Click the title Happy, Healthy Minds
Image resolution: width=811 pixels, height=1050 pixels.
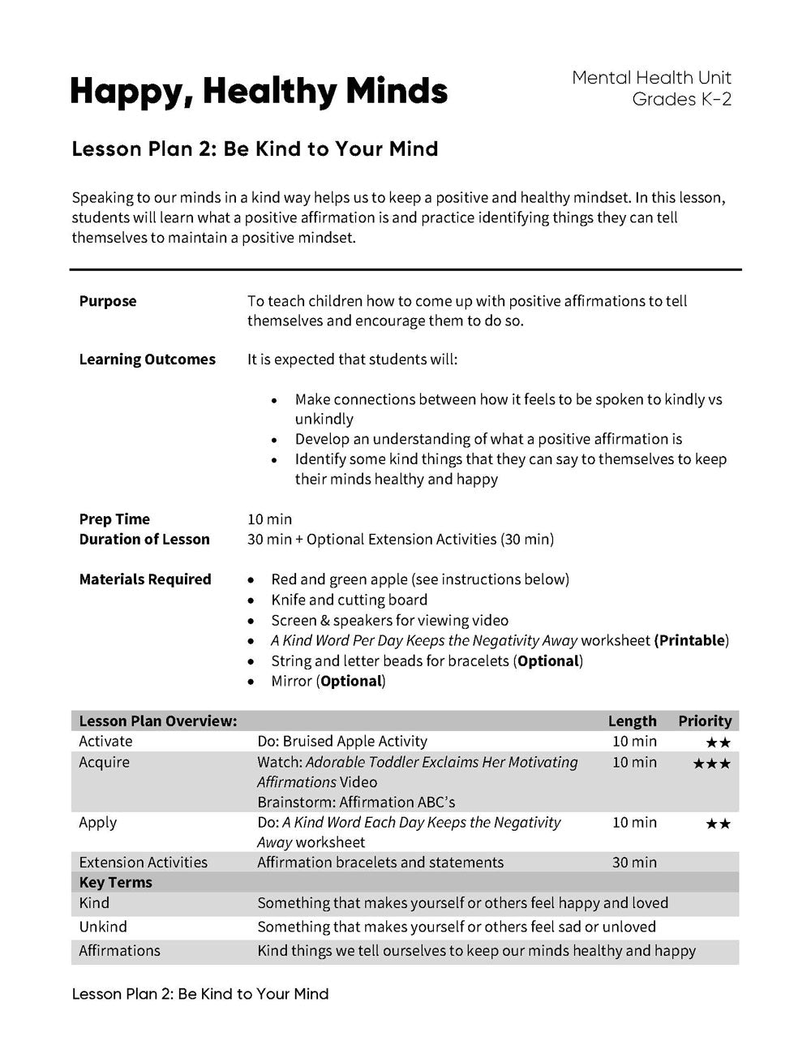pos(259,91)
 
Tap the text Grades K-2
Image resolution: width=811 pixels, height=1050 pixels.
pos(681,99)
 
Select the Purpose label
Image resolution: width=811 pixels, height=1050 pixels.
pos(108,301)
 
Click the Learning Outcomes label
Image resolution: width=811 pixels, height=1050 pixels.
pos(147,359)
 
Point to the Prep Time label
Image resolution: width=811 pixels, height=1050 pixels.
pos(114,519)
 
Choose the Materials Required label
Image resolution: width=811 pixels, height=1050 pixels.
pos(145,579)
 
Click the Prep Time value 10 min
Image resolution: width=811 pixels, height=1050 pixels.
pos(269,519)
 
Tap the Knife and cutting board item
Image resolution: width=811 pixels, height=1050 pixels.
pos(349,600)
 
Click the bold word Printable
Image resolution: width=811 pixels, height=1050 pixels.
pos(691,640)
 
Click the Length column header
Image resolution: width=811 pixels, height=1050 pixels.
pos(632,721)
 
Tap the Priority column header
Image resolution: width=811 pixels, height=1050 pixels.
pos(705,721)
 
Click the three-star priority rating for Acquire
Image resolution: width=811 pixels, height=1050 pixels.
pos(711,764)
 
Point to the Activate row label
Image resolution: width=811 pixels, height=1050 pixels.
pos(105,741)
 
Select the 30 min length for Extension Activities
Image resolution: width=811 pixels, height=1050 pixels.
pos(634,862)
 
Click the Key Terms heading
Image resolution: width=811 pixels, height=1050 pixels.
pos(115,882)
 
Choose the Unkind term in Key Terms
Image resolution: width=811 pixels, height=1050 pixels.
pos(103,927)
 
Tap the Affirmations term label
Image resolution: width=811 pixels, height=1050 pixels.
pos(119,950)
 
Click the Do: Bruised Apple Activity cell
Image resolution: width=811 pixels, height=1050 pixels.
pos(341,741)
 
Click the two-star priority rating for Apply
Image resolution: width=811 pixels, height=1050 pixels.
pos(718,824)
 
